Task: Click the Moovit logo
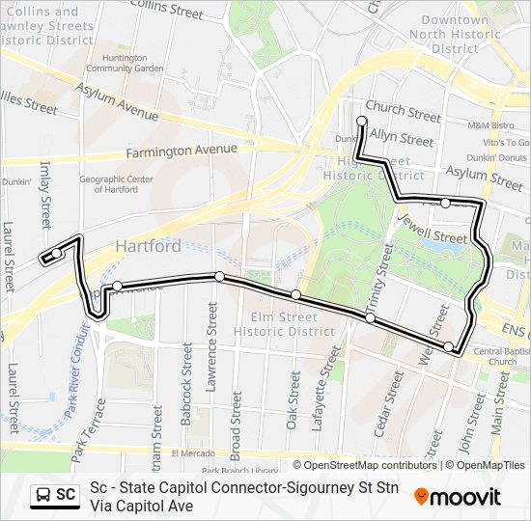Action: pyautogui.click(x=458, y=497)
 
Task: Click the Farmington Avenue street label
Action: pyautogui.click(x=181, y=151)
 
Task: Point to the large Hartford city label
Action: pyautogui.click(x=148, y=246)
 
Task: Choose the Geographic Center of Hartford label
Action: pyautogui.click(x=116, y=184)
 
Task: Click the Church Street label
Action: pyautogui.click(x=404, y=114)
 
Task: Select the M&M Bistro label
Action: pyautogui.click(x=490, y=125)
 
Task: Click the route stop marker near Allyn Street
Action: pyautogui.click(x=362, y=122)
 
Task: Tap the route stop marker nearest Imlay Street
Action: pyautogui.click(x=58, y=253)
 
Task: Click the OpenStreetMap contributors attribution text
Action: pyautogui.click(x=365, y=465)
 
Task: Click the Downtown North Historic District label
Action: pyautogui.click(x=455, y=34)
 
